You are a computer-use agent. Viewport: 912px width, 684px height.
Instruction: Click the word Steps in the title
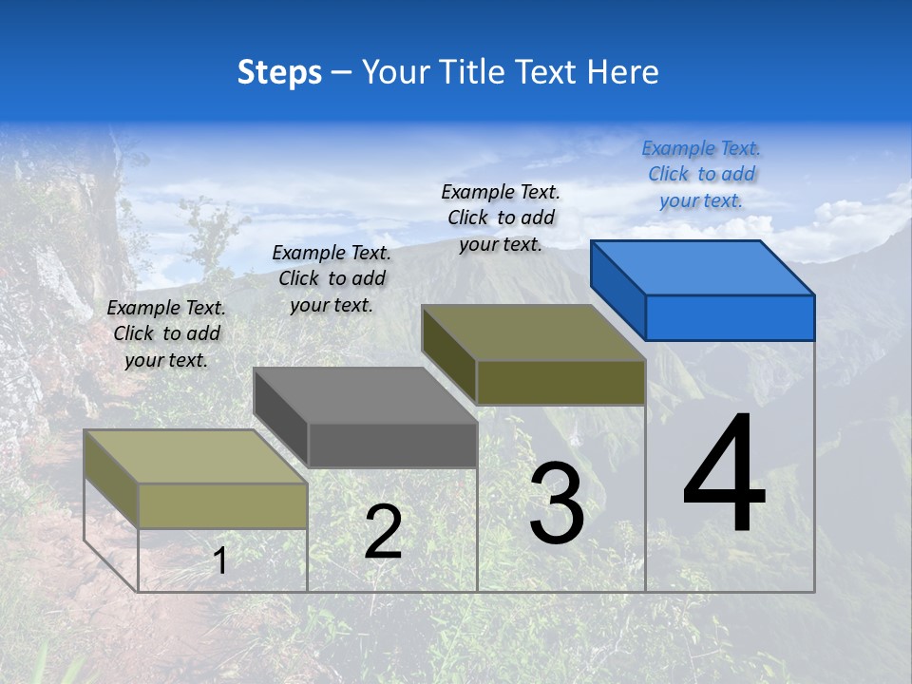pos(279,72)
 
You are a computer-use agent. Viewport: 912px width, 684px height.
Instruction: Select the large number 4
pos(724,475)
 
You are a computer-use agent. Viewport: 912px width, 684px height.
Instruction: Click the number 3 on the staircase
pos(557,503)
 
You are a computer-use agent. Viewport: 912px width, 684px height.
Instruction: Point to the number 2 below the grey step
pos(383,532)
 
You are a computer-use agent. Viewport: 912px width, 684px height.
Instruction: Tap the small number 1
pos(219,560)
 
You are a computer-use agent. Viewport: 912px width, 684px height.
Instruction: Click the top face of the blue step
pos(701,267)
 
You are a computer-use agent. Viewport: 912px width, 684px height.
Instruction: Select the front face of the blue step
pos(730,317)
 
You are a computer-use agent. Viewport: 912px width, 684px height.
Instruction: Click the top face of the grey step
pos(365,394)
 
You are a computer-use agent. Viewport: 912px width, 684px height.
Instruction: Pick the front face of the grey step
pos(392,445)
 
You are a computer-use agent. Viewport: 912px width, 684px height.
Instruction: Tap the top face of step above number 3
pos(533,332)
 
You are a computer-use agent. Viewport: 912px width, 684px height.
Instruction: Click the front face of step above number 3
pos(560,382)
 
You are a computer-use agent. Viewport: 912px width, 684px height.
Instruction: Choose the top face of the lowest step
pos(196,456)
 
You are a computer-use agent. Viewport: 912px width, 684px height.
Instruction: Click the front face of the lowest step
pos(223,505)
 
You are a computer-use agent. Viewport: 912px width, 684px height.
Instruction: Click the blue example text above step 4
pos(701,174)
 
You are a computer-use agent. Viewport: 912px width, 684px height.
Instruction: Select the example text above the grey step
pos(332,278)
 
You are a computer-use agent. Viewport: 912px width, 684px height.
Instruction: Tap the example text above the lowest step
pos(166,333)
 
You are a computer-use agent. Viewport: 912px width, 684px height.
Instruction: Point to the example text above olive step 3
pos(501,218)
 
